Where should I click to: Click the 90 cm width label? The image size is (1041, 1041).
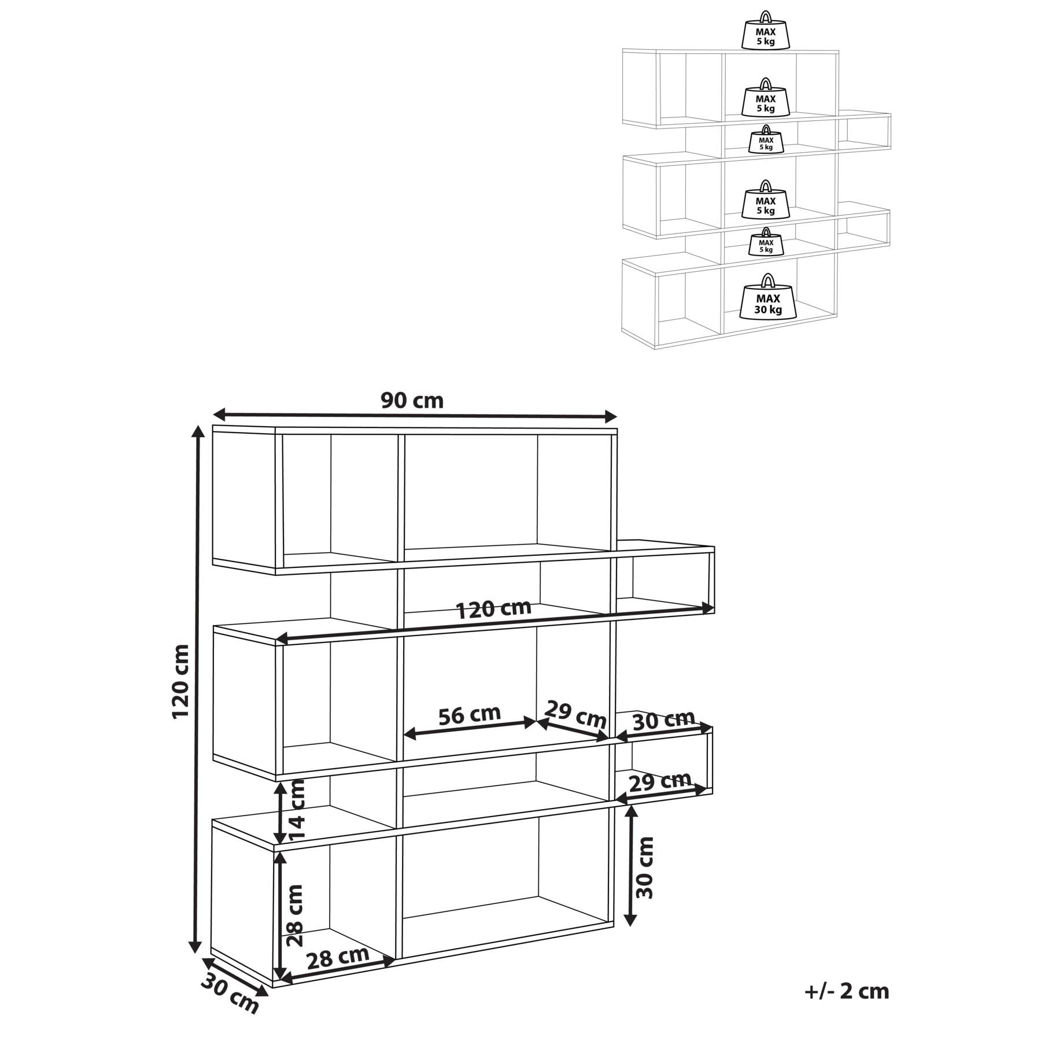[x=412, y=400]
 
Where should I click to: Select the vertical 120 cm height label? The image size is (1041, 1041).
[x=181, y=681]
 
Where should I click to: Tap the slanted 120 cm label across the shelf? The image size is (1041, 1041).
[x=493, y=609]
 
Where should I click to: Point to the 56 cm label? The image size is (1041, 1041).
[x=469, y=715]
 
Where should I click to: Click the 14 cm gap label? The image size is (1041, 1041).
[x=297, y=810]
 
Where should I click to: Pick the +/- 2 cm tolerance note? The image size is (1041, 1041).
[x=846, y=991]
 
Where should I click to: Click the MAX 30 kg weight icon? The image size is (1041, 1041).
[x=768, y=296]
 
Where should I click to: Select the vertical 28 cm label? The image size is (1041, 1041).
[x=295, y=915]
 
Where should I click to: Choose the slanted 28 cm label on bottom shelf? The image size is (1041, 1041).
[x=337, y=958]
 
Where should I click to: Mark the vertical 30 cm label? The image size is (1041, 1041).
[x=644, y=867]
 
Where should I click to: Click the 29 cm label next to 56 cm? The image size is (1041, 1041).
[x=575, y=715]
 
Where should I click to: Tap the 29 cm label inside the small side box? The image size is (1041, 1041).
[x=660, y=781]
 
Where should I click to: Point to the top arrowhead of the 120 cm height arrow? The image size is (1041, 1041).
[x=198, y=432]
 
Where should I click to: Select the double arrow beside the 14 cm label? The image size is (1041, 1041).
[x=280, y=813]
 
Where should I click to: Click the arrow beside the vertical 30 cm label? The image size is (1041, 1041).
[x=631, y=865]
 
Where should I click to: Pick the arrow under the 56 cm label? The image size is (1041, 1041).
[x=470, y=728]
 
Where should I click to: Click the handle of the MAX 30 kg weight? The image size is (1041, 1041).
[x=767, y=280]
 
